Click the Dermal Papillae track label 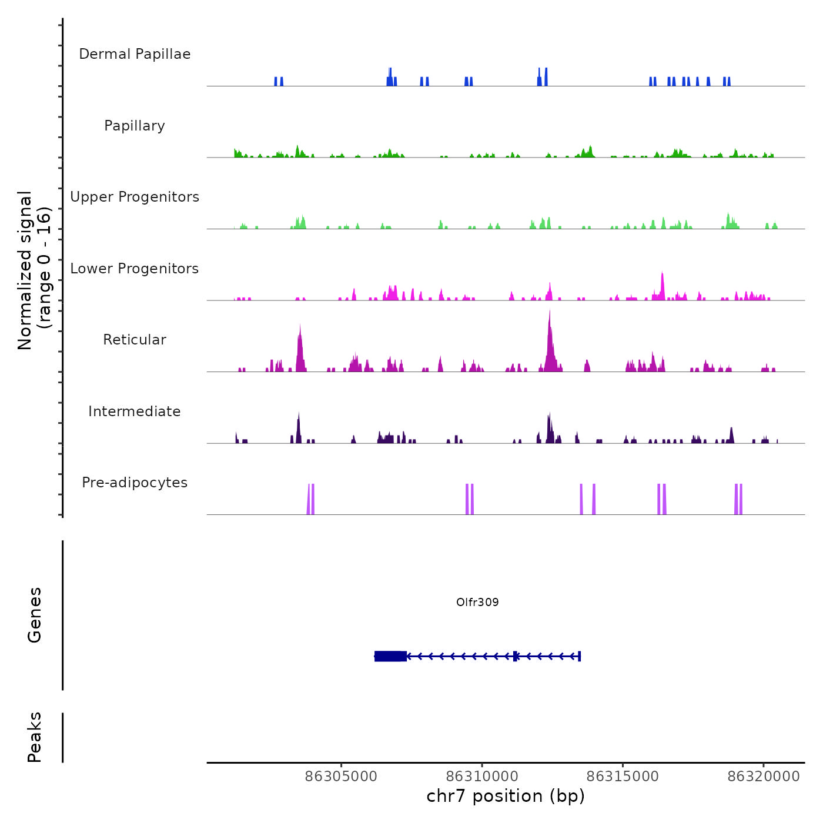(135, 54)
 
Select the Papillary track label (135, 126)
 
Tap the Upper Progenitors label (135, 197)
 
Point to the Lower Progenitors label (135, 269)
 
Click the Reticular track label (135, 340)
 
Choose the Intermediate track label (135, 411)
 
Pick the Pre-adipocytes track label (135, 483)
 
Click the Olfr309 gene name (477, 602)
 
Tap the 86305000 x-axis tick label (342, 777)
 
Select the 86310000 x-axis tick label (482, 777)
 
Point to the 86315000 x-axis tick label (623, 777)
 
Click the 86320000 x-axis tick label (764, 777)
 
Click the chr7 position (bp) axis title (506, 796)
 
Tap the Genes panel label (35, 615)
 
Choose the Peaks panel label (35, 737)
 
